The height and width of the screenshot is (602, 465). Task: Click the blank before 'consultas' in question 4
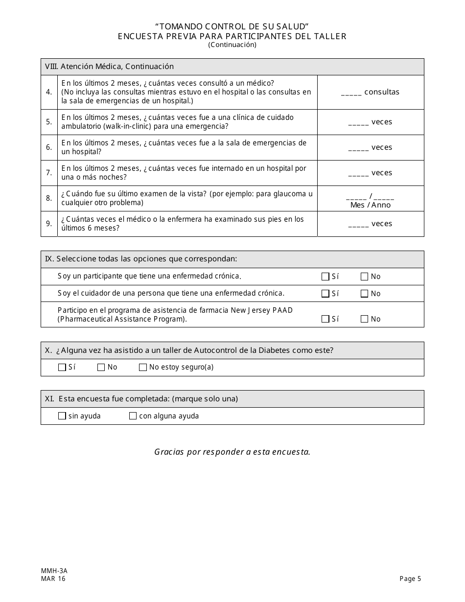click(x=351, y=93)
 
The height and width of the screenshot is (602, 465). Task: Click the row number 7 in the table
click(x=49, y=173)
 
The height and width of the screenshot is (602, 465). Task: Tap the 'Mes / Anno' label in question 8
click(x=371, y=205)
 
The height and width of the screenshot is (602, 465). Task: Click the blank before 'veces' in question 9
click(x=358, y=225)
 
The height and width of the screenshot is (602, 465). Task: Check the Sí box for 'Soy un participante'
click(x=325, y=277)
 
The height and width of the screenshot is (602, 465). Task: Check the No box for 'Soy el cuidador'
click(x=364, y=294)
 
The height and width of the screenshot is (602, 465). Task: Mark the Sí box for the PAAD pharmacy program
click(x=325, y=319)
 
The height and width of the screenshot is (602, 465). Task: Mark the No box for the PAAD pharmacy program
click(x=364, y=319)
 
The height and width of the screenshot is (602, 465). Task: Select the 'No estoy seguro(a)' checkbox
click(x=143, y=368)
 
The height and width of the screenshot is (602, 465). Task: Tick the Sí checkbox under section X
click(x=62, y=368)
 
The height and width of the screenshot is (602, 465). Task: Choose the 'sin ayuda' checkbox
click(x=62, y=416)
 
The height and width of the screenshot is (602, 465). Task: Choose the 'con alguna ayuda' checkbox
click(x=133, y=416)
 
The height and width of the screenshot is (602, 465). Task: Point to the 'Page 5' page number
click(x=410, y=579)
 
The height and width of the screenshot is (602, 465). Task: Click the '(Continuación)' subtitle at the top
click(x=232, y=45)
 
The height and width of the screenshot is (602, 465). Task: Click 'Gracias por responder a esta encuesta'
click(x=232, y=452)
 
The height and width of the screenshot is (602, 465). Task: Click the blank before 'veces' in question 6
click(x=358, y=148)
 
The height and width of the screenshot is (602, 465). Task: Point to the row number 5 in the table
click(x=49, y=122)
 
